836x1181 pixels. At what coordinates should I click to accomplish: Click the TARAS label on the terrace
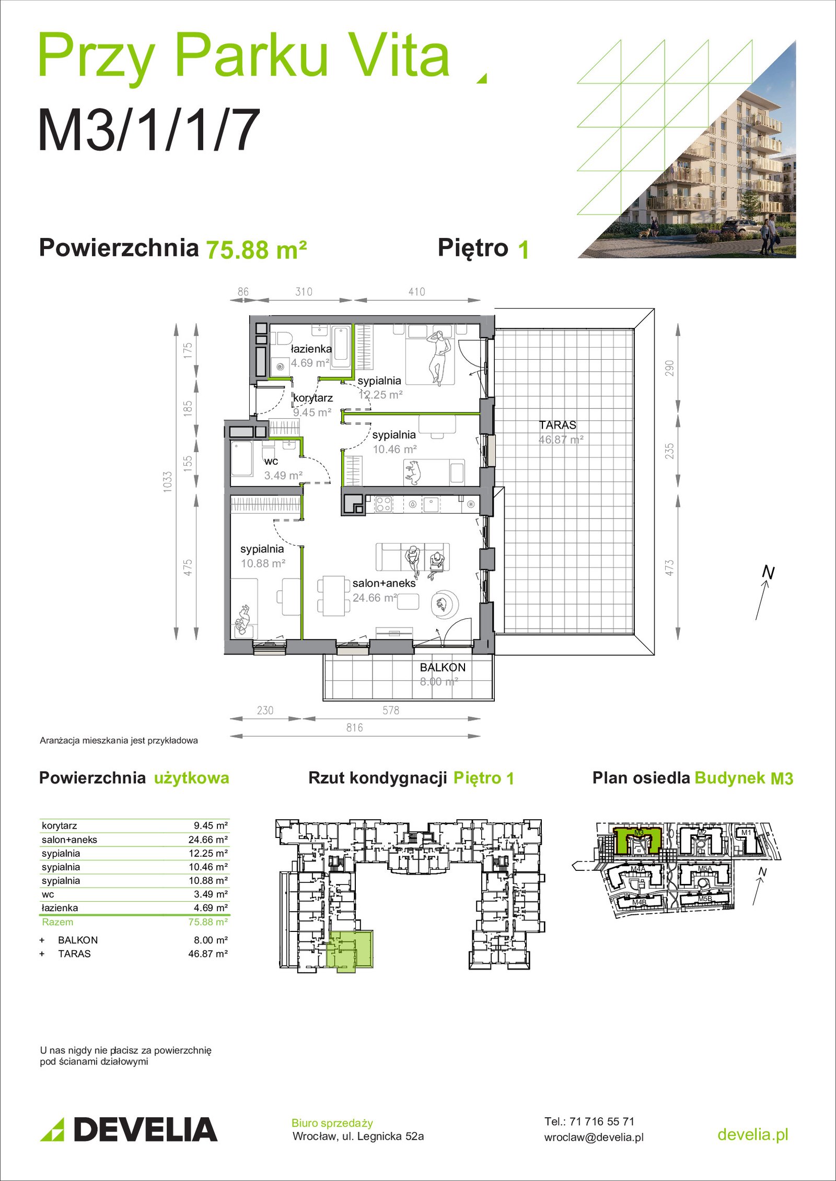tap(558, 425)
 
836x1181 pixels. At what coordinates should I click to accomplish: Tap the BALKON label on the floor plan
tap(443, 667)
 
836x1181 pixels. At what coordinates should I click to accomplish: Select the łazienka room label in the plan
tap(311, 349)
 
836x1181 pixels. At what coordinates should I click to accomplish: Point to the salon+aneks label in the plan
tap(384, 583)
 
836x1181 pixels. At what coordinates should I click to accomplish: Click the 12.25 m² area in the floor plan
tap(380, 395)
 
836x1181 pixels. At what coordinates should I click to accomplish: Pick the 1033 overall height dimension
tap(168, 482)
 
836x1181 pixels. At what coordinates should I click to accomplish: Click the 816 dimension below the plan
tap(354, 727)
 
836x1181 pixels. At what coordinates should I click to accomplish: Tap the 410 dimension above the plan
tap(416, 292)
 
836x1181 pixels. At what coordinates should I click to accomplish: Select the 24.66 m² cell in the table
tap(208, 840)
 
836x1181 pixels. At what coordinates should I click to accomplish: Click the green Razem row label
tap(57, 922)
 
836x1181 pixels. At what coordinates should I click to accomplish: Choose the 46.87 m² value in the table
tap(208, 953)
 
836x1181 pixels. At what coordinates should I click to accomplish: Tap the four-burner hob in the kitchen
tap(384, 504)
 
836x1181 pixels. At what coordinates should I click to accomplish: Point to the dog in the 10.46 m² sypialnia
tap(413, 471)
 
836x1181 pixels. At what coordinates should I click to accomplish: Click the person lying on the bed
tap(438, 358)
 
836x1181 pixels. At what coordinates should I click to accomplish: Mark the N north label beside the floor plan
tap(768, 572)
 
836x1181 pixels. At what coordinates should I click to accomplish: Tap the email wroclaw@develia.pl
tap(594, 1137)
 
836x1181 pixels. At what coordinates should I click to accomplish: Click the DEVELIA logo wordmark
tap(145, 1129)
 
